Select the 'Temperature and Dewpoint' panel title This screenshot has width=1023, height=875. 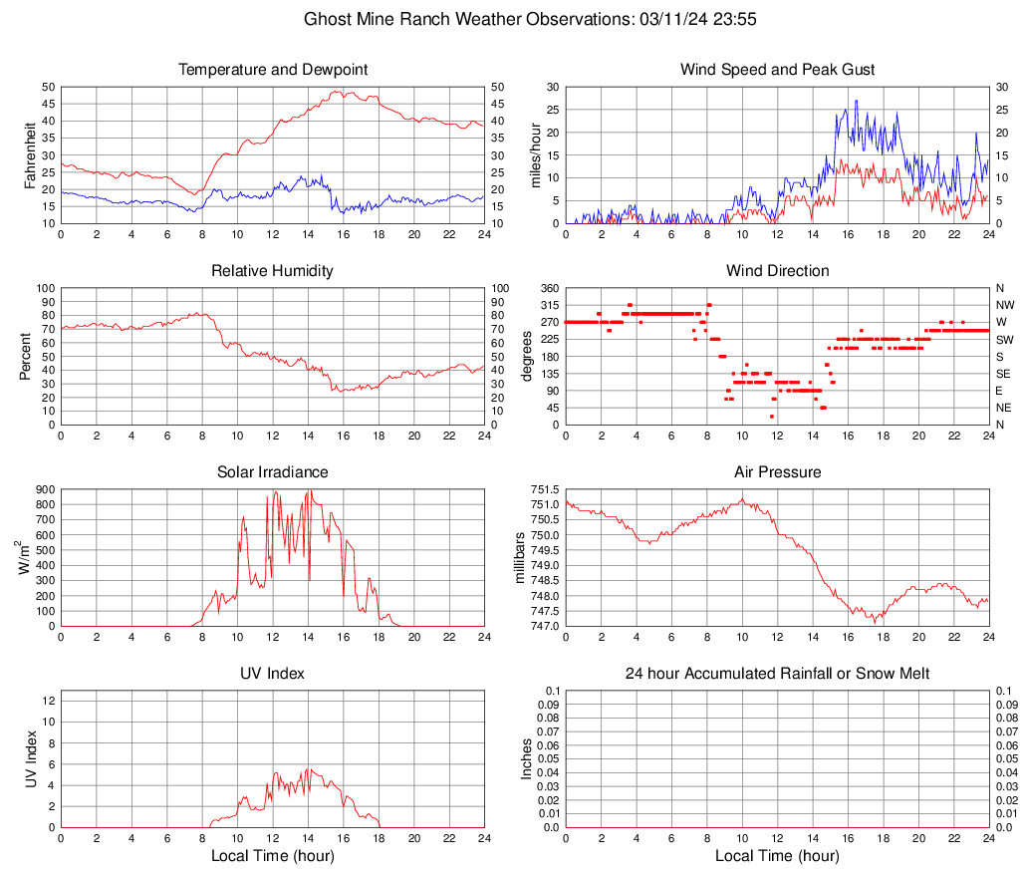[x=273, y=70]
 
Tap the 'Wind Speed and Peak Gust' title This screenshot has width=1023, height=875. [x=777, y=70]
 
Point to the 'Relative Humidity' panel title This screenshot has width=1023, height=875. [x=273, y=271]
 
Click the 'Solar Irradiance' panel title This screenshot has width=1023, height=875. [x=273, y=472]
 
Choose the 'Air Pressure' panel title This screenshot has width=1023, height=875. [x=777, y=472]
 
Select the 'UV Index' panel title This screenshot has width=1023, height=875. [x=273, y=674]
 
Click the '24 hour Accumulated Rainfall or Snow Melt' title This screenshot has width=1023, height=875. [x=777, y=674]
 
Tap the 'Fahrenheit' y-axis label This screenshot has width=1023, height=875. [x=27, y=154]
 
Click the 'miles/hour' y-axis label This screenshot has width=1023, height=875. [x=535, y=154]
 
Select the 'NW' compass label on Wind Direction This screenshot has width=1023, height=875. [x=1004, y=305]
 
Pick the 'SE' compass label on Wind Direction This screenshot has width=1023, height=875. [x=1003, y=374]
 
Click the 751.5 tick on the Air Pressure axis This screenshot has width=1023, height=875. [x=544, y=490]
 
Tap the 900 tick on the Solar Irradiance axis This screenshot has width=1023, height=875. [x=44, y=490]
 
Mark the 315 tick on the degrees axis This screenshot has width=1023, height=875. [x=549, y=305]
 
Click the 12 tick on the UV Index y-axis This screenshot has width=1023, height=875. [x=48, y=701]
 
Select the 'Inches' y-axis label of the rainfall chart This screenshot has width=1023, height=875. [x=527, y=758]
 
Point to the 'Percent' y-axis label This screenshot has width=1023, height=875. [x=27, y=356]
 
